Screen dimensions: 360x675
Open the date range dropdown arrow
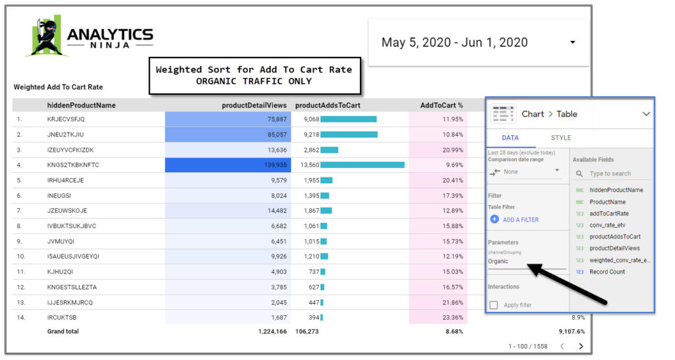572,42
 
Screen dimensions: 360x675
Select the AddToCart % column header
442,105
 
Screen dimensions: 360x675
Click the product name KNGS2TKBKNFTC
73,165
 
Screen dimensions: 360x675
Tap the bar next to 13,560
363,165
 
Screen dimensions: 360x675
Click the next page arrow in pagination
581,346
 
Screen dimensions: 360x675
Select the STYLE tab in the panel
561,138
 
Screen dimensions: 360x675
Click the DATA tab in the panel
510,138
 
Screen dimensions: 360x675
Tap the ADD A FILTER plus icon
494,220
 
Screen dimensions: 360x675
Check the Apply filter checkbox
494,305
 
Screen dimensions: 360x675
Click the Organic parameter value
498,261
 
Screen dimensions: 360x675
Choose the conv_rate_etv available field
607,225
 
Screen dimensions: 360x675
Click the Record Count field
607,272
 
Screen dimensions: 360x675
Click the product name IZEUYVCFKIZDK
71,150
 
